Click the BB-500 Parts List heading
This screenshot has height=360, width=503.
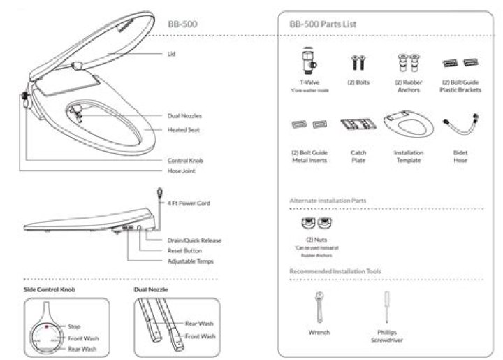tap(323, 24)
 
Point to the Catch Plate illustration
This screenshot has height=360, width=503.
tap(358, 127)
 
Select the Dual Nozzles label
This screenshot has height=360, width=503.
tap(184, 115)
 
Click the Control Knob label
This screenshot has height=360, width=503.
tap(185, 160)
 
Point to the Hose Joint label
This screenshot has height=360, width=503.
tap(181, 170)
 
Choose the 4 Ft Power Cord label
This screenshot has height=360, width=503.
tap(189, 203)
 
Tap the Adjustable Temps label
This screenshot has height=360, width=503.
tap(190, 261)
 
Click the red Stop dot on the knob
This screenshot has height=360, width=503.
tap(47, 325)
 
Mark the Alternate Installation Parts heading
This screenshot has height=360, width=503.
tap(328, 200)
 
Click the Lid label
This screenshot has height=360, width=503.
tap(170, 53)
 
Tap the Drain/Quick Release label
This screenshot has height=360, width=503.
tap(194, 240)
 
